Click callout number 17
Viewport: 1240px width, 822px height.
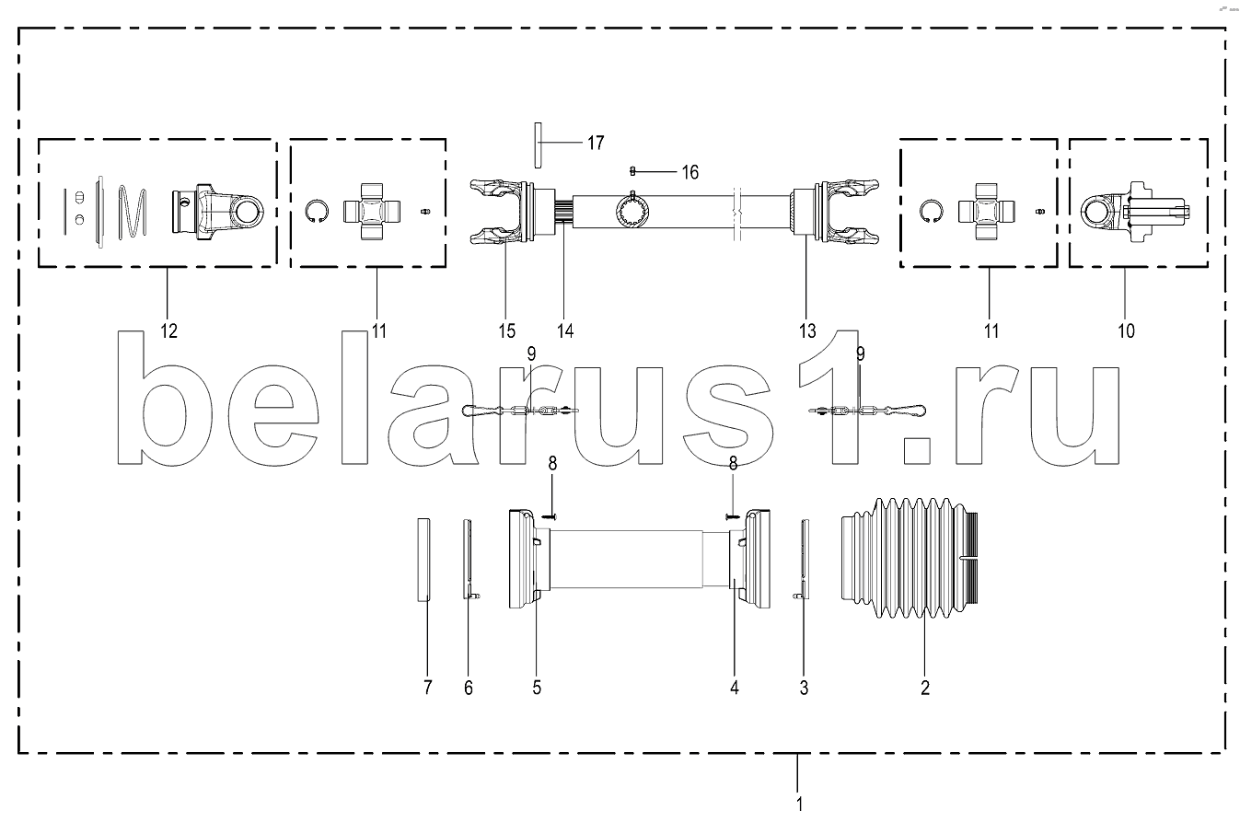click(x=596, y=143)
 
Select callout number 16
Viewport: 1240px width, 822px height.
click(x=690, y=172)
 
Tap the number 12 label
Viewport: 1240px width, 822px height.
click(x=168, y=331)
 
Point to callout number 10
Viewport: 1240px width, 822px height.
click(x=1127, y=331)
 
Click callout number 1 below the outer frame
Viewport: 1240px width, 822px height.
click(x=799, y=805)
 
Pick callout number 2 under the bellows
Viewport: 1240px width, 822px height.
click(x=925, y=688)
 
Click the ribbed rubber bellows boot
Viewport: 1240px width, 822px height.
click(x=910, y=558)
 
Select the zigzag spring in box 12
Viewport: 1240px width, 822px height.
click(x=133, y=214)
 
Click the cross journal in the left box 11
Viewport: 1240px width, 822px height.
click(x=371, y=212)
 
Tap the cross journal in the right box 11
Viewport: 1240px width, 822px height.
click(x=987, y=212)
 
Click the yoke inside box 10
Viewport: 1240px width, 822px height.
click(x=1135, y=212)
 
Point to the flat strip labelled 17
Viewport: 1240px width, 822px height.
click(x=538, y=145)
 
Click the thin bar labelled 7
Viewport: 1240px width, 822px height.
click(x=423, y=560)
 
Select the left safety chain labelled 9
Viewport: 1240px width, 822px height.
click(x=520, y=411)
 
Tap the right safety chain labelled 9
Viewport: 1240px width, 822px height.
click(x=867, y=411)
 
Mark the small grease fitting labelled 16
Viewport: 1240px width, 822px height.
click(x=632, y=171)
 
